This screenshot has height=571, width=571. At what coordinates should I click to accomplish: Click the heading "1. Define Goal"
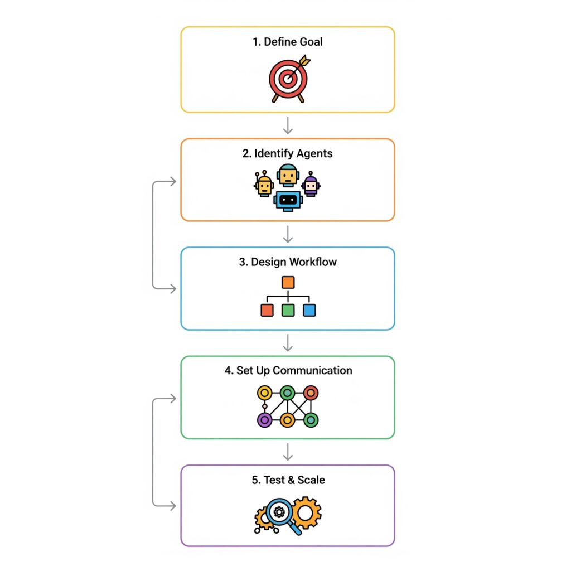click(x=288, y=42)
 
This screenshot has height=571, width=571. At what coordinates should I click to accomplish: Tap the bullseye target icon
click(x=289, y=79)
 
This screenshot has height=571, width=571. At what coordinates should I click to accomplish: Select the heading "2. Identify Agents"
click(x=287, y=154)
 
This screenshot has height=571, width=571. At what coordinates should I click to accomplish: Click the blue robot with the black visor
click(x=288, y=201)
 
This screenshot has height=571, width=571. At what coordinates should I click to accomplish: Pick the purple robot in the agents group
click(x=311, y=184)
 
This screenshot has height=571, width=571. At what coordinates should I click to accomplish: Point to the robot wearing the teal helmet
click(x=288, y=175)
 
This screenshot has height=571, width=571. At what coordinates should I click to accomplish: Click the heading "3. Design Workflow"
click(x=288, y=262)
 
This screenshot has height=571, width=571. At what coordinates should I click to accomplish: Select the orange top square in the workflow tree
click(x=288, y=283)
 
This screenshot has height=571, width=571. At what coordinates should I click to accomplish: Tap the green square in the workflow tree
click(x=288, y=310)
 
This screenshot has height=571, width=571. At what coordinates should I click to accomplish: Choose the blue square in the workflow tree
click(x=309, y=310)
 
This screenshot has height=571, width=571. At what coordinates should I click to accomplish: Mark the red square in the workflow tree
click(x=267, y=310)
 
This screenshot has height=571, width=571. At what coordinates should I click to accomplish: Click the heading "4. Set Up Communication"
click(x=288, y=371)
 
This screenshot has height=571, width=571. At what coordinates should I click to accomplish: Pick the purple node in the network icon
click(x=265, y=420)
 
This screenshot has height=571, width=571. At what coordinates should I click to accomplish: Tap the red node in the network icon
click(x=311, y=393)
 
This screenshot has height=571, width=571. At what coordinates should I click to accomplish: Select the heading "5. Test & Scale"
click(x=288, y=480)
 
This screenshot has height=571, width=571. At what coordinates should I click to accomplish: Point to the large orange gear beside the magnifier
click(x=306, y=513)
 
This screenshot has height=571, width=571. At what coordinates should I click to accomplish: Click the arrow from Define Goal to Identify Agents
click(x=288, y=125)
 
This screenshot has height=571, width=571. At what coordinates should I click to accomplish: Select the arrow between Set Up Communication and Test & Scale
click(x=288, y=452)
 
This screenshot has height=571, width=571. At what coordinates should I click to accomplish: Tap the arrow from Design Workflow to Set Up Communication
click(x=288, y=343)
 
